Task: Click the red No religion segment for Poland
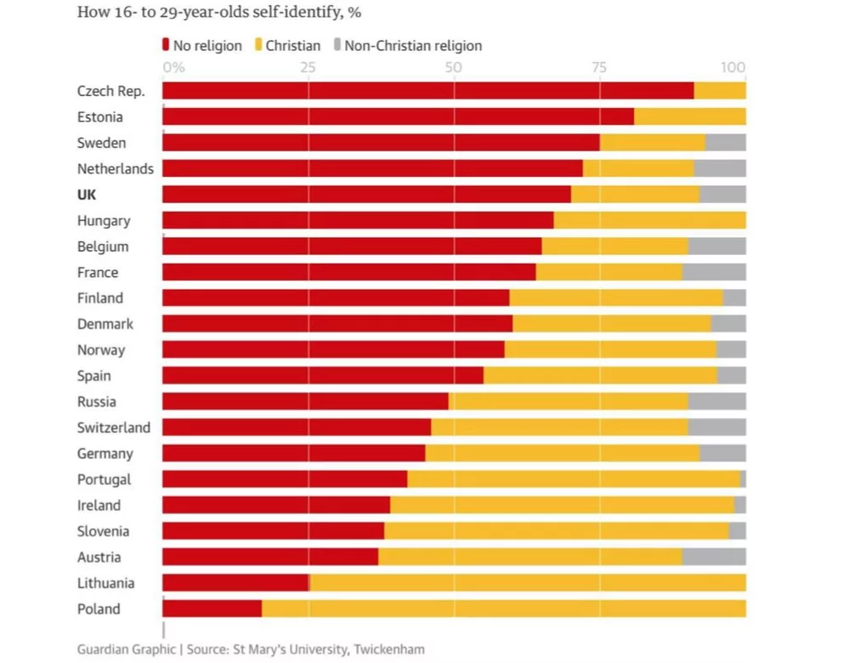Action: (x=212, y=609)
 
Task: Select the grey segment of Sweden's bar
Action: (x=725, y=143)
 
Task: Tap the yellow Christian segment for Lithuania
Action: (x=527, y=583)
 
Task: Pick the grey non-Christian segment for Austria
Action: (x=714, y=557)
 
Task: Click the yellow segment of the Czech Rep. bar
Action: (x=719, y=91)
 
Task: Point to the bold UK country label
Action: (x=87, y=195)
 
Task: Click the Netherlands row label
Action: (x=115, y=168)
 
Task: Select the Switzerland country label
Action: (x=113, y=428)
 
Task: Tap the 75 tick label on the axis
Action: (x=599, y=68)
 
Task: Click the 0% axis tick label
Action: (x=173, y=68)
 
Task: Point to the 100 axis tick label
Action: (x=733, y=68)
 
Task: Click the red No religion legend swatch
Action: (x=166, y=45)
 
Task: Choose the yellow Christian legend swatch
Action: (x=258, y=45)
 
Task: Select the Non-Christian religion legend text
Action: (x=413, y=45)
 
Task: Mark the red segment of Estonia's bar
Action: (x=398, y=116)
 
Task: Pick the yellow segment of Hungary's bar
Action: (x=649, y=220)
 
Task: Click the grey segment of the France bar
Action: (x=714, y=272)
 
